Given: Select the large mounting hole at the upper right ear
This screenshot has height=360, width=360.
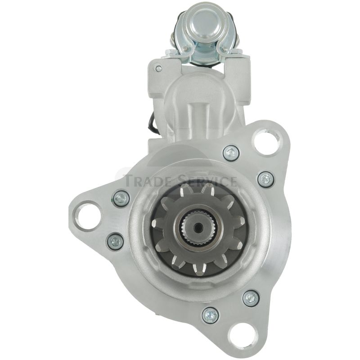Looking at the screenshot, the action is [266, 139].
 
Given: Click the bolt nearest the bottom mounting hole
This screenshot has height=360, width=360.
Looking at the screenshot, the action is [210, 316].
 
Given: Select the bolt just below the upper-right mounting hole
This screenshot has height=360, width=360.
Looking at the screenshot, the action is [231, 153].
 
